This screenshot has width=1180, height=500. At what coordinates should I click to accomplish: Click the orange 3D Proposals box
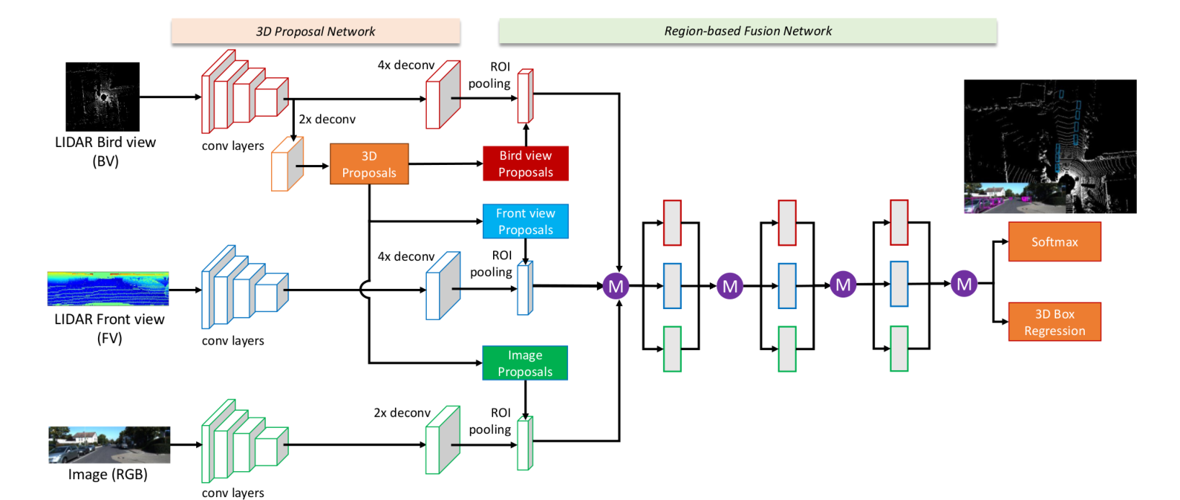(369, 164)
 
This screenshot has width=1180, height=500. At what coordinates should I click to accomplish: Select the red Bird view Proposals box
(525, 164)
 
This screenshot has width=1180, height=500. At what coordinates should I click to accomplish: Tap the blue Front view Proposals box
(525, 222)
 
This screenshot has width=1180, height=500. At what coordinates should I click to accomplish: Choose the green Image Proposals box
(525, 363)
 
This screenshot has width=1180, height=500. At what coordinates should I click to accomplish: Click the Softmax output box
(1055, 241)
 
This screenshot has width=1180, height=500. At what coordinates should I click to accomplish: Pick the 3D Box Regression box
(1055, 322)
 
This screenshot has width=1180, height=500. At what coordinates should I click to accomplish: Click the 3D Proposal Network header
(316, 31)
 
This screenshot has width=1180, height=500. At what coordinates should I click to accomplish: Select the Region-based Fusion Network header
(748, 31)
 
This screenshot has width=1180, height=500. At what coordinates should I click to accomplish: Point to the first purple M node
(616, 286)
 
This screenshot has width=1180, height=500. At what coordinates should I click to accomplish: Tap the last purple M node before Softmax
(964, 284)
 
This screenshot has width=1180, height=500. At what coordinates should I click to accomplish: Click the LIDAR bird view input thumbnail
(103, 97)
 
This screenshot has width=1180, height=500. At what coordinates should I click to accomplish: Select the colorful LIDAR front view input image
(108, 289)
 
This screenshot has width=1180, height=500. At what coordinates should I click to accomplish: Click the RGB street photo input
(109, 445)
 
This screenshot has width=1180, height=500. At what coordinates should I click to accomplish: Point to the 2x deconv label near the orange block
(327, 120)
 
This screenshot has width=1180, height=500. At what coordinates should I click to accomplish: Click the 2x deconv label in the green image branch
(402, 413)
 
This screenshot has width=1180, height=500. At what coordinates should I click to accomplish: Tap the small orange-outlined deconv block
(287, 164)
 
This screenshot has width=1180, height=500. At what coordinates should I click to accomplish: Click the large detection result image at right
(1050, 146)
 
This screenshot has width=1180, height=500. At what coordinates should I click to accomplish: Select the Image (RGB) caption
(108, 474)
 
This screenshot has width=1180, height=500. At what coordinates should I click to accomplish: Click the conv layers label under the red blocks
(233, 146)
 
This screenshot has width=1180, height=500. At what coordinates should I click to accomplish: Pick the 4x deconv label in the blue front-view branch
(406, 256)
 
